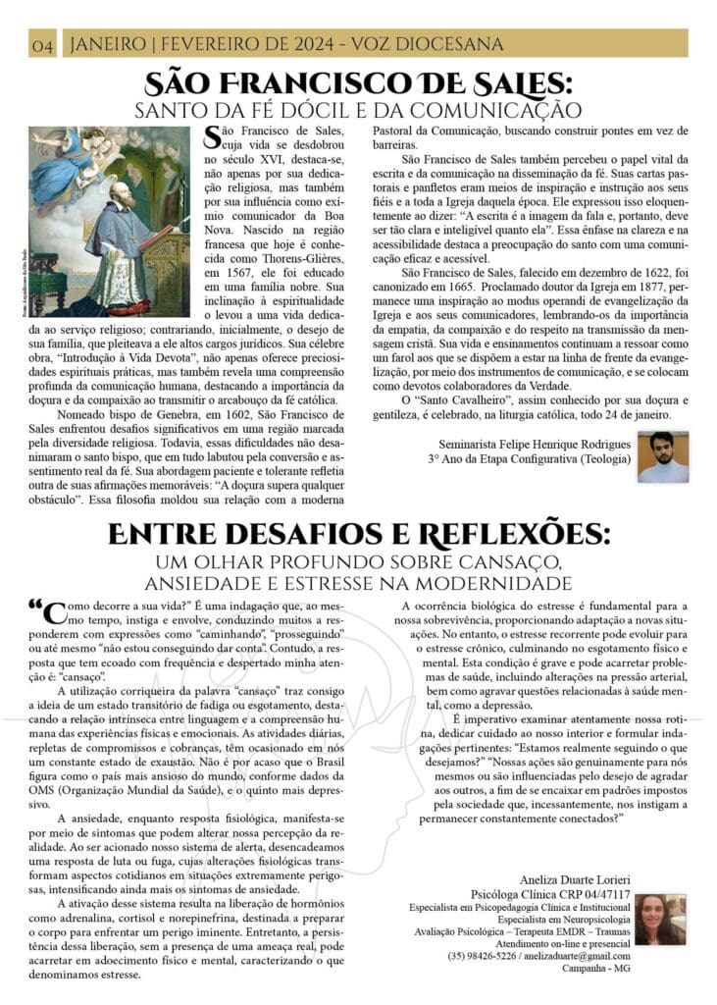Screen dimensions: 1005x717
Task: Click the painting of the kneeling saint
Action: tap(109, 221)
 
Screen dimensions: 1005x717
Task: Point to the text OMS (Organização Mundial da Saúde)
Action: tap(128, 788)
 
